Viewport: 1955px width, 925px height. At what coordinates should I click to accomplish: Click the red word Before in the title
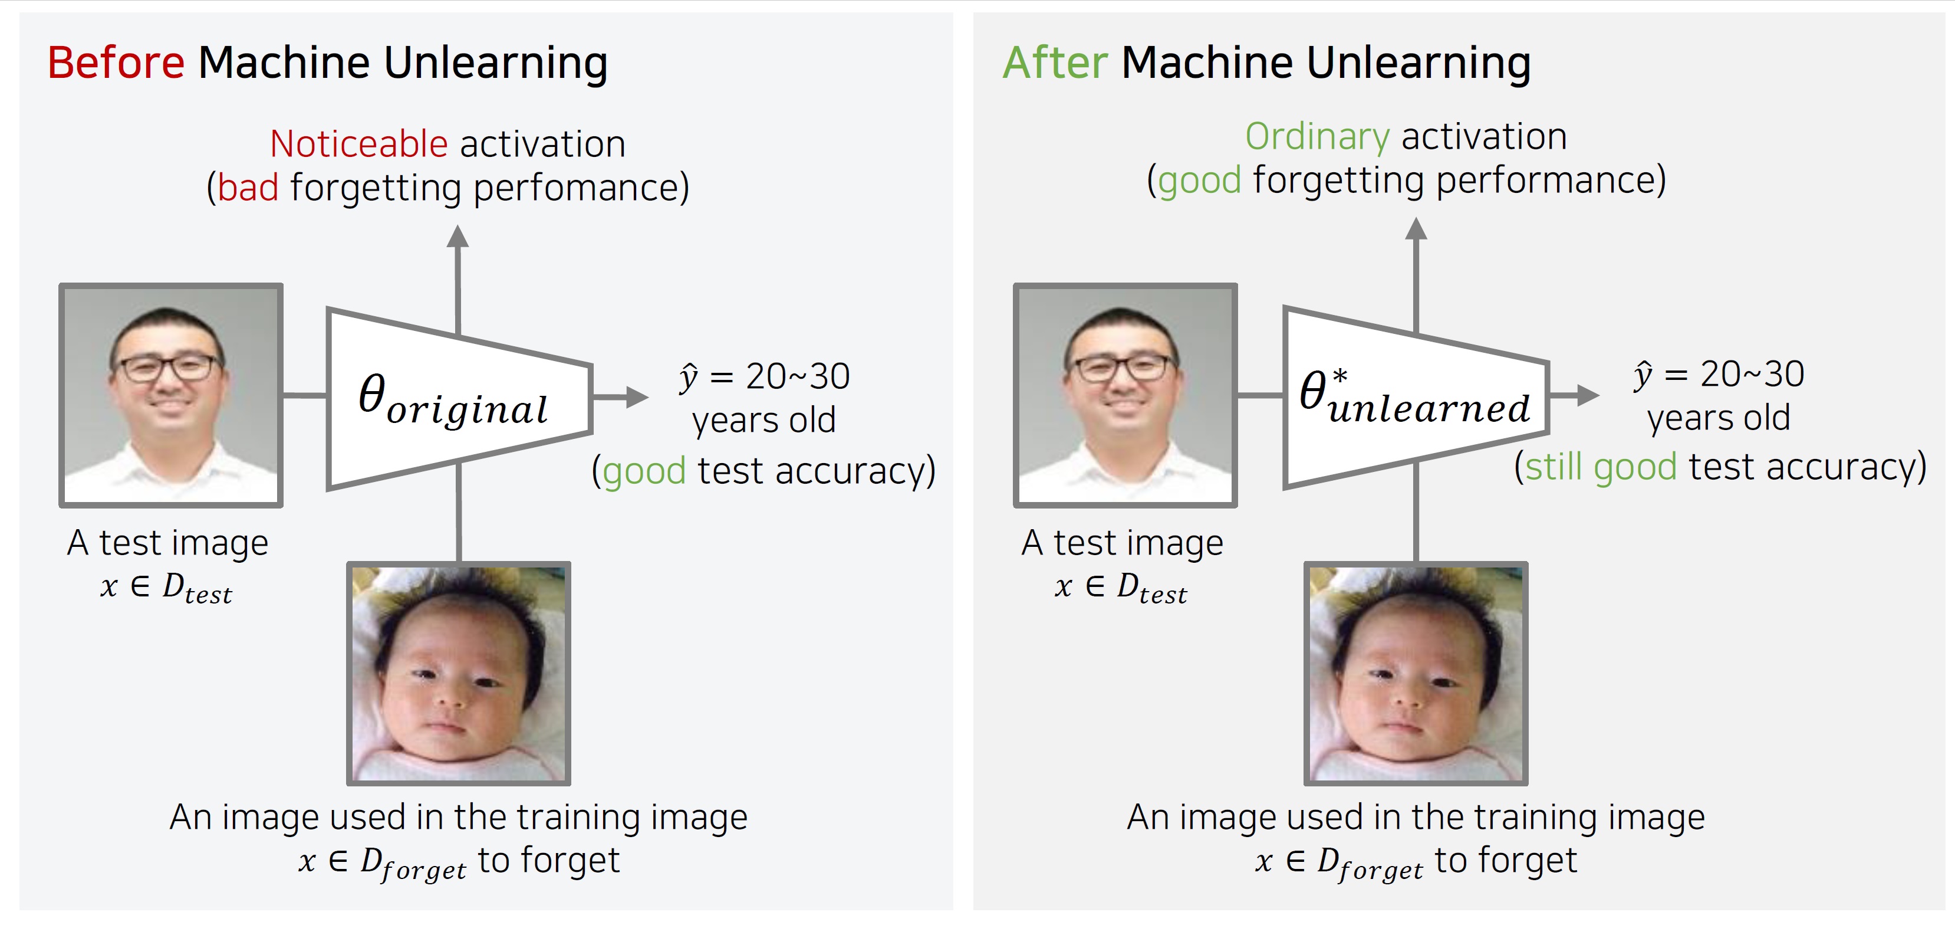[x=116, y=63]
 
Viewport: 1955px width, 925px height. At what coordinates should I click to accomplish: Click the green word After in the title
[x=1055, y=63]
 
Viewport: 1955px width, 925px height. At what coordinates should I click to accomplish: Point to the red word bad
[x=248, y=188]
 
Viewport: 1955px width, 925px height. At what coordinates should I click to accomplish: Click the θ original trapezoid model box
[x=459, y=399]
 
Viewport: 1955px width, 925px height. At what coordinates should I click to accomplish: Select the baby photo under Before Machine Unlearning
[x=459, y=674]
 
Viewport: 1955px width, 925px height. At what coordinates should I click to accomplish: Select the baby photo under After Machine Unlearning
[x=1416, y=674]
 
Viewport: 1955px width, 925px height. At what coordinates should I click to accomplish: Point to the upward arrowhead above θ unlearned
[x=1416, y=228]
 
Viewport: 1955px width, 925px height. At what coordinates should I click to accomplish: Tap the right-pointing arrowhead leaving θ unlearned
[x=1588, y=395]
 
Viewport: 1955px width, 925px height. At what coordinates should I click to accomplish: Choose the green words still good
[x=1601, y=466]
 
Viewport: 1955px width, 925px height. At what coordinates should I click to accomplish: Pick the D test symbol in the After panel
[x=1152, y=588]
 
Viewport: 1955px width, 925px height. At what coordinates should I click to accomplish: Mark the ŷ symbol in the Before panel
[x=689, y=378]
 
